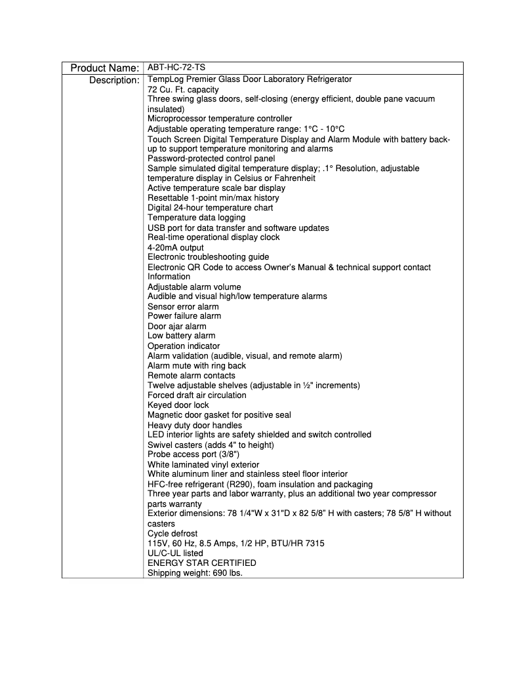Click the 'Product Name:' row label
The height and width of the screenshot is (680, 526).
104,68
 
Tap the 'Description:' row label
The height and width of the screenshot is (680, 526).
113,80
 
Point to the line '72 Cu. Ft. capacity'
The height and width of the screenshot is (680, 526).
183,89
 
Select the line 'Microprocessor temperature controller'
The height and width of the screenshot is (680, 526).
220,119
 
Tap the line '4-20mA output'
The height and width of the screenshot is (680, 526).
176,247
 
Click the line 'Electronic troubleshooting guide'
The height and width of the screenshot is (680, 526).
208,257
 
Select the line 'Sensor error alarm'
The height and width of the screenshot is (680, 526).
183,306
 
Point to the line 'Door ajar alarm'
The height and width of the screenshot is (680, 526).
176,326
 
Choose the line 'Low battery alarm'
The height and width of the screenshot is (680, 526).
181,336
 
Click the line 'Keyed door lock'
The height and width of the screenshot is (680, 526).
178,405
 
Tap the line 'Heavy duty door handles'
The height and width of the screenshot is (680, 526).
195,425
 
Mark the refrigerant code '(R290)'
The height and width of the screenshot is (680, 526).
239,484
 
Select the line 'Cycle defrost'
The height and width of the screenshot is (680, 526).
172,534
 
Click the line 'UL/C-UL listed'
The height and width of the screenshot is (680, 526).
175,553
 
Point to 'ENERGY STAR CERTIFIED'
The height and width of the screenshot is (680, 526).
201,563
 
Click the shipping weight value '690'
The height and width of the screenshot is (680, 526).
218,573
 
